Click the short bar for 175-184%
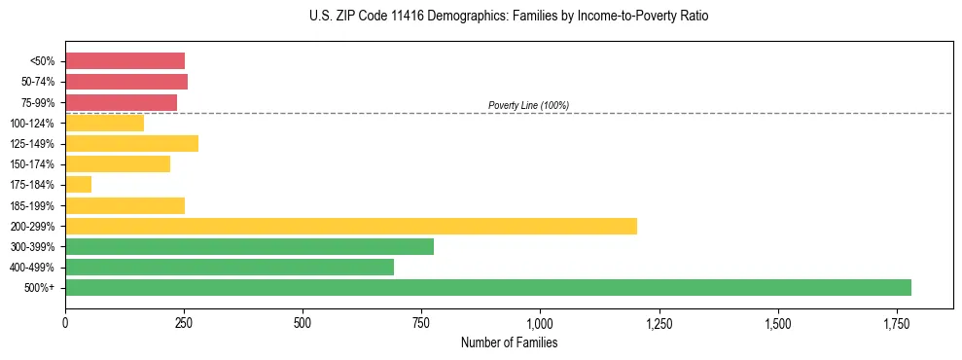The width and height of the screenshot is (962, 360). coord(79,184)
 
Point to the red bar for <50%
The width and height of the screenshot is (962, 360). coord(125,60)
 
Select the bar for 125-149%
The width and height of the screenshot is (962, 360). coord(131,143)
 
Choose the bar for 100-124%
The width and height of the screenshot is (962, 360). coord(104,123)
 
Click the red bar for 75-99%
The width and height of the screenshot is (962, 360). coord(121,102)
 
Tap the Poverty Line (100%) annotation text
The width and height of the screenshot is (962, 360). coord(528,105)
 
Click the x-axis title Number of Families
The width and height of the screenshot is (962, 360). coord(509,342)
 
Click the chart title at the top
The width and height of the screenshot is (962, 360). coord(509,17)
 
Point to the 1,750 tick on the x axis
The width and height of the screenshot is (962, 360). coord(778,323)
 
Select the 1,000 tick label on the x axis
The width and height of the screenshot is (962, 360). coord(540,323)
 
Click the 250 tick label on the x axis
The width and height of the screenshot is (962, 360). coord(184,323)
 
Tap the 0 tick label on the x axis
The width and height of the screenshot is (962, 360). coord(65,323)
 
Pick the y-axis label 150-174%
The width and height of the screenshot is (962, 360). coord(32,164)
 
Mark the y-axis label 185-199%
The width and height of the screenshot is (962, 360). coord(32,205)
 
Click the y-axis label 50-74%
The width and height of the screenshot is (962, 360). coord(36,82)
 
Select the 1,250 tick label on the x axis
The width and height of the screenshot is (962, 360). coord(659,323)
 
